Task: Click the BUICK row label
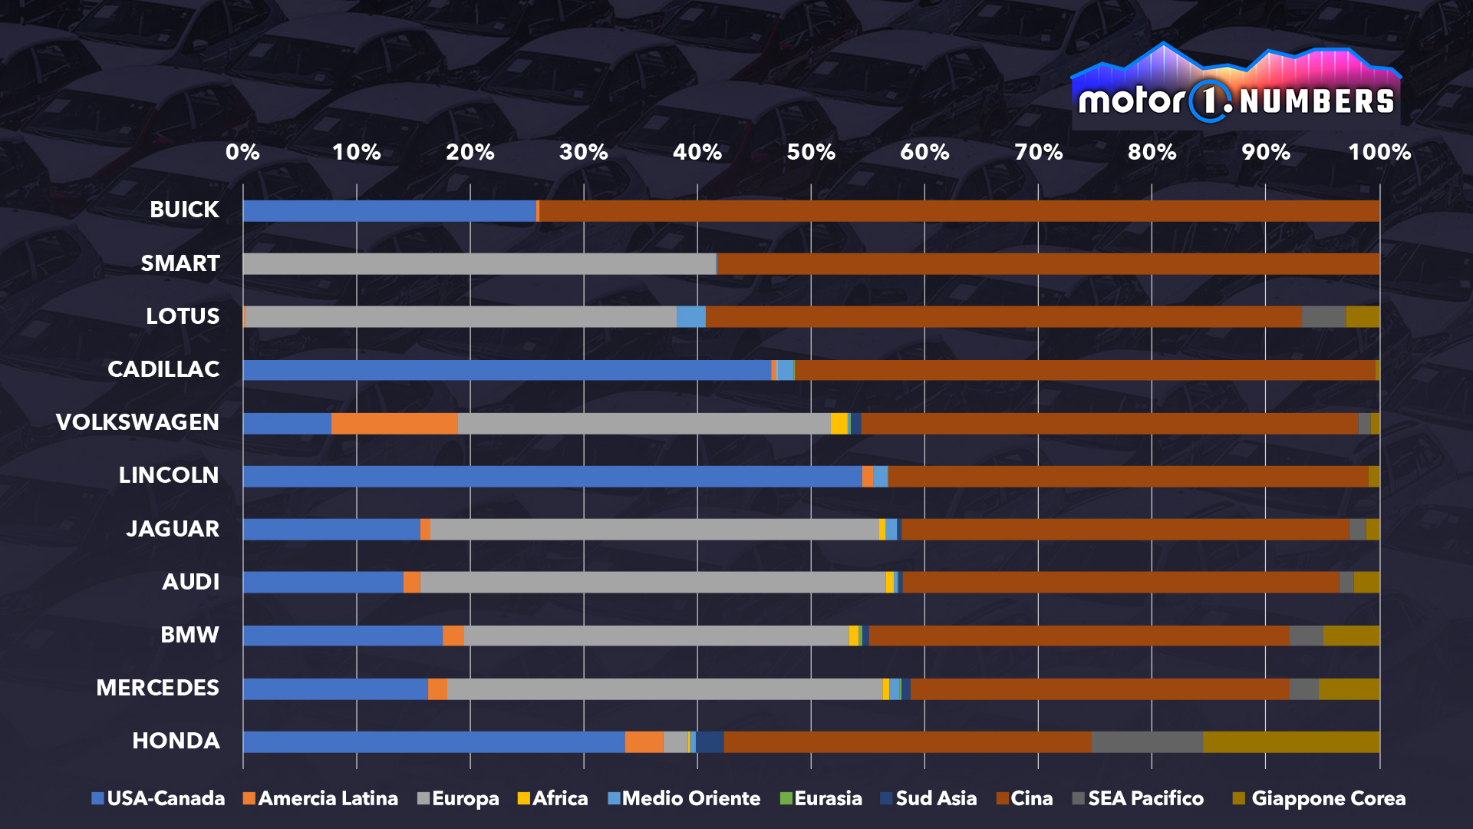184,210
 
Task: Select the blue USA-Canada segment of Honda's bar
433,741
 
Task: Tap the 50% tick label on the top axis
811,152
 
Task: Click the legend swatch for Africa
524,798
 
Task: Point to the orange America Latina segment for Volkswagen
394,423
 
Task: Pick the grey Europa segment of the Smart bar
479,263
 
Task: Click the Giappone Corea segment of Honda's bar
1290,741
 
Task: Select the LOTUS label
183,316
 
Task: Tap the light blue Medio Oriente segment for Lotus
690,316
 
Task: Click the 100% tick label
1379,152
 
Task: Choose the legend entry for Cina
1024,798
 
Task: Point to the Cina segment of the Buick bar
959,211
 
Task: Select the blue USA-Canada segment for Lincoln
552,476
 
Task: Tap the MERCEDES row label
157,688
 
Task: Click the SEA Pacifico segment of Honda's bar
1147,741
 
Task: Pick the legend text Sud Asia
936,798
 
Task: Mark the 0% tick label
242,152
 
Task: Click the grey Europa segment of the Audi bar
652,582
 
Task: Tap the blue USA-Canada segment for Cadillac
506,370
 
